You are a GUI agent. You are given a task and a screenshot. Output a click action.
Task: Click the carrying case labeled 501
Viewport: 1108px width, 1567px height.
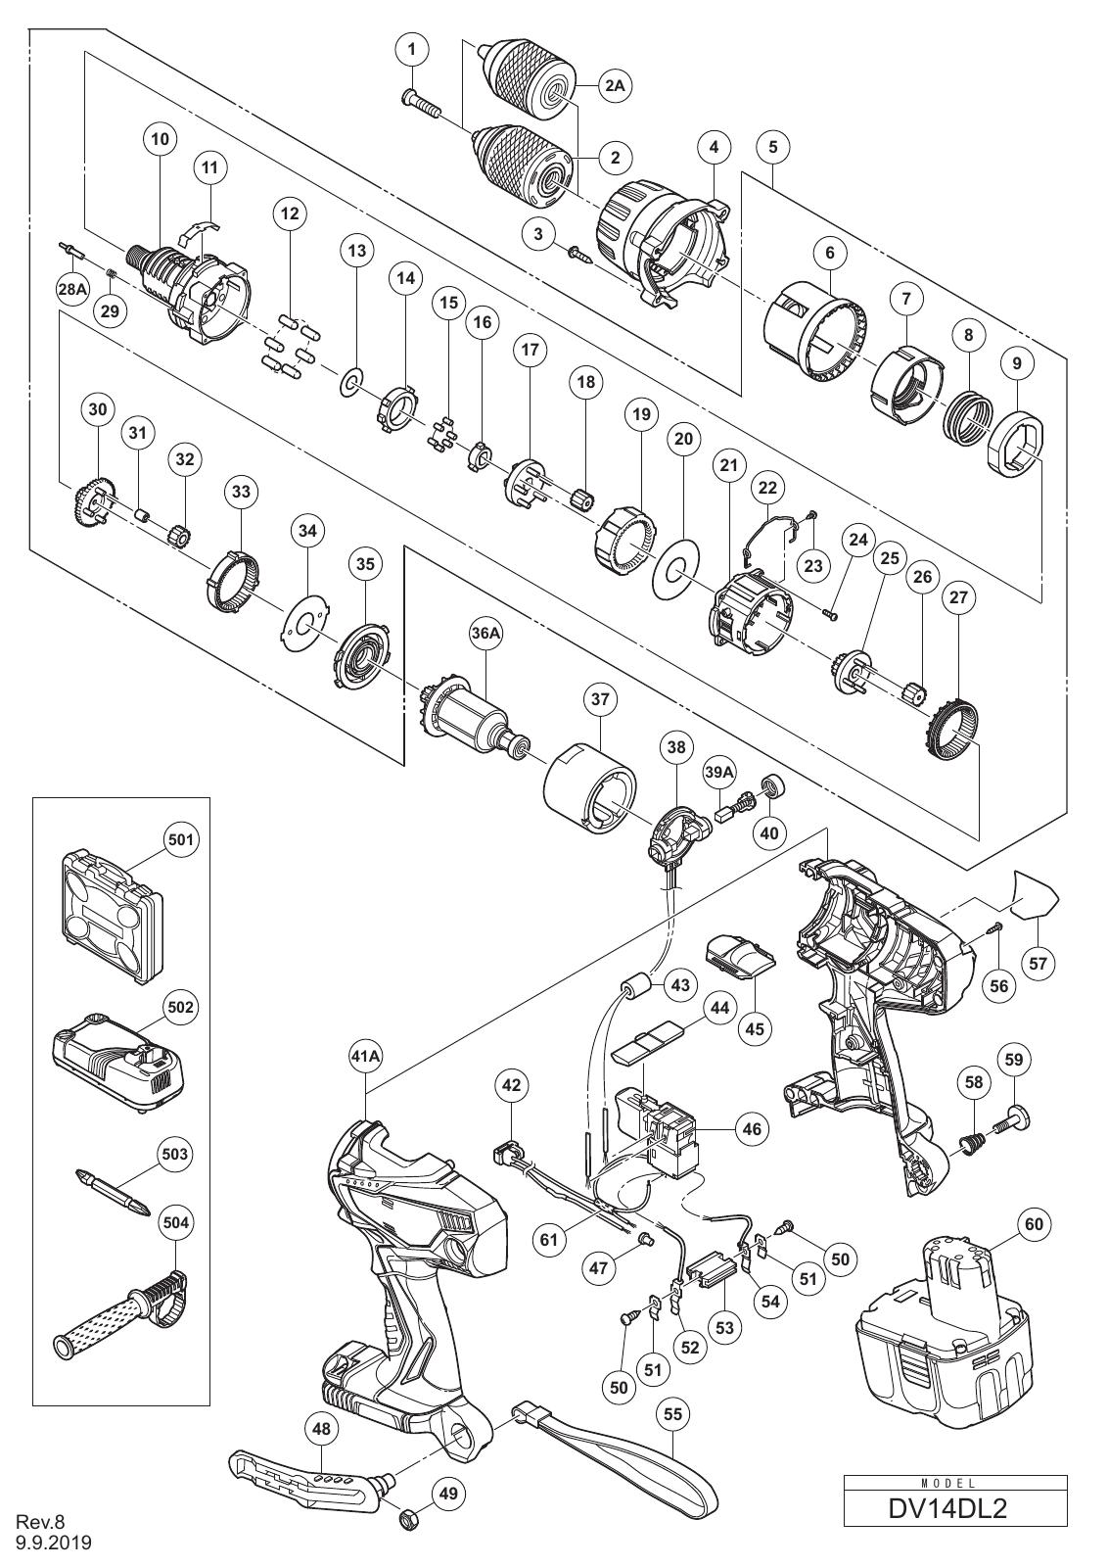pyautogui.click(x=112, y=912)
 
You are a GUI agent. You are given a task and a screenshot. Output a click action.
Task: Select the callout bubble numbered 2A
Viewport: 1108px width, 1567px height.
pyautogui.click(x=615, y=85)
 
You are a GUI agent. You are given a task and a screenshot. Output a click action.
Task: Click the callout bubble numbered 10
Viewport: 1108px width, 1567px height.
pyautogui.click(x=160, y=138)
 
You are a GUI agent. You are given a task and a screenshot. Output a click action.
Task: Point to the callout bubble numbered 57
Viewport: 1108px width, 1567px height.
pyautogui.click(x=1039, y=964)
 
